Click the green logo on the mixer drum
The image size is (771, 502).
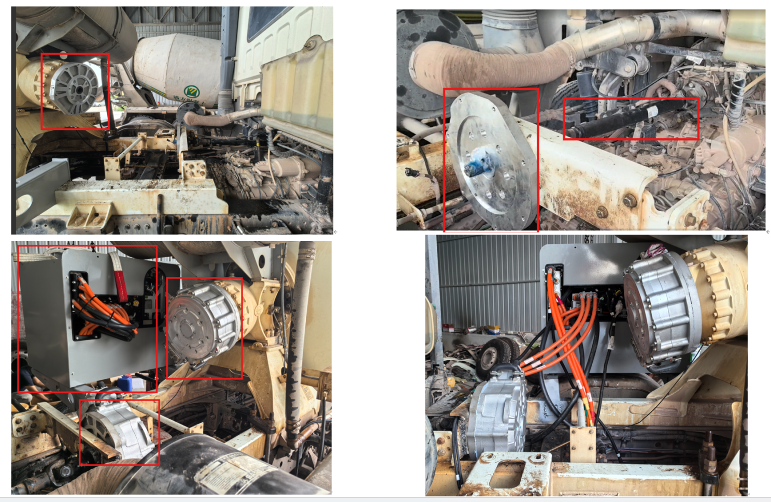point(192,91)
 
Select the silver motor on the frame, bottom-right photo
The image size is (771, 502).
point(497,414)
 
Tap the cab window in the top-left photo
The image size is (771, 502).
point(269,21)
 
